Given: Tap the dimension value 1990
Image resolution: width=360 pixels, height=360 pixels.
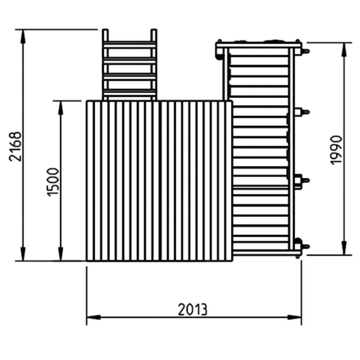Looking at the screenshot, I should [x=336, y=150].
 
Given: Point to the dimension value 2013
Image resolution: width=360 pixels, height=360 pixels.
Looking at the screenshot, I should [x=193, y=309].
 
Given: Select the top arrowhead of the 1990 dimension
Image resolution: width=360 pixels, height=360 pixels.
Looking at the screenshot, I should [x=344, y=48].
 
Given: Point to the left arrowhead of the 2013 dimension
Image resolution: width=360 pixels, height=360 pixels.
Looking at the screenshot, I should [x=93, y=317].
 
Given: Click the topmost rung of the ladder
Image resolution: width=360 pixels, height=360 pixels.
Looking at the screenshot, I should [x=129, y=44].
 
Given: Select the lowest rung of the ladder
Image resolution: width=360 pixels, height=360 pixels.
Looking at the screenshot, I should [x=129, y=92].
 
